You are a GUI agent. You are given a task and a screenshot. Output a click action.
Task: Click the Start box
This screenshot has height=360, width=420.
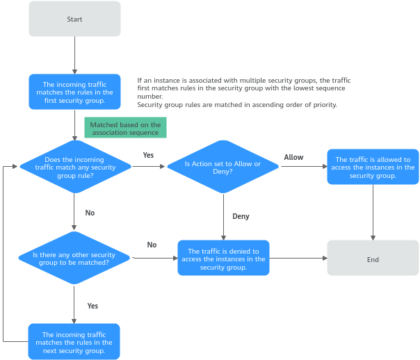tap(74, 19)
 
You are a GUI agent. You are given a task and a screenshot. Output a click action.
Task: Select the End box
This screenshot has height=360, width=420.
tap(373, 258)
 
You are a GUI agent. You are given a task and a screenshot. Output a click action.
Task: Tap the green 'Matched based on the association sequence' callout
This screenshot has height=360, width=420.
tap(125, 128)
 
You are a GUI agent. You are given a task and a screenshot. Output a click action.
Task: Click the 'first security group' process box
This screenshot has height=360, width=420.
tap(74, 92)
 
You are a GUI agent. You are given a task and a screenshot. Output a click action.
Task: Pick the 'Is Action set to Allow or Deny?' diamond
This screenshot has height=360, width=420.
tap(223, 167)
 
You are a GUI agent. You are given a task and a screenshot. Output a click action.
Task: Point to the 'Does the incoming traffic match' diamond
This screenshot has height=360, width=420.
tap(75, 167)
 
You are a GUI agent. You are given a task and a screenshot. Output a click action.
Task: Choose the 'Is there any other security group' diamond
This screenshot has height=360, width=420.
tap(74, 258)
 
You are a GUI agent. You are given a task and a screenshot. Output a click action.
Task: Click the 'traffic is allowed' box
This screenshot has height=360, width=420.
tap(373, 167)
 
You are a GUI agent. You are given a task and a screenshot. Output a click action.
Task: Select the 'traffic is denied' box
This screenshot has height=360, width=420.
tap(223, 258)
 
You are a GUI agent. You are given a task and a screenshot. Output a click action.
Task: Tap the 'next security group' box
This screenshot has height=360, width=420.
tap(74, 341)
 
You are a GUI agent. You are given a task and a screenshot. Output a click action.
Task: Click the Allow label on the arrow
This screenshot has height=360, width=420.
tap(293, 157)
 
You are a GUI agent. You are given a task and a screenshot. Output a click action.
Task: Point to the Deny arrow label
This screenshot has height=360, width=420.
tap(241, 216)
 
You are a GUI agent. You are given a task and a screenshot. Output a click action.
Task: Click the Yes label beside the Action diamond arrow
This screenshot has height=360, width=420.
tap(148, 155)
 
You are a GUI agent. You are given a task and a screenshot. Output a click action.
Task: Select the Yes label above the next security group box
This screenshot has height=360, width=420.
tap(92, 306)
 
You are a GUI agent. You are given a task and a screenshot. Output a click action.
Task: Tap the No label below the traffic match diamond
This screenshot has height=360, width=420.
tap(90, 213)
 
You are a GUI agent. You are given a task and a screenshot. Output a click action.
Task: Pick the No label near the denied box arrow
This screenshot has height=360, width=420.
tap(152, 245)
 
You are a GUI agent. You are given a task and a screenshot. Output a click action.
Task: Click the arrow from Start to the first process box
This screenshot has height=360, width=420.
tap(74, 55)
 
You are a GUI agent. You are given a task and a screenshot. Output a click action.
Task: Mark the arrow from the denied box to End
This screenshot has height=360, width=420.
tap(298, 259)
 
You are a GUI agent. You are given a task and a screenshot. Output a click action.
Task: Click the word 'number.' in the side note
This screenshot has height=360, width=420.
tap(150, 97)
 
